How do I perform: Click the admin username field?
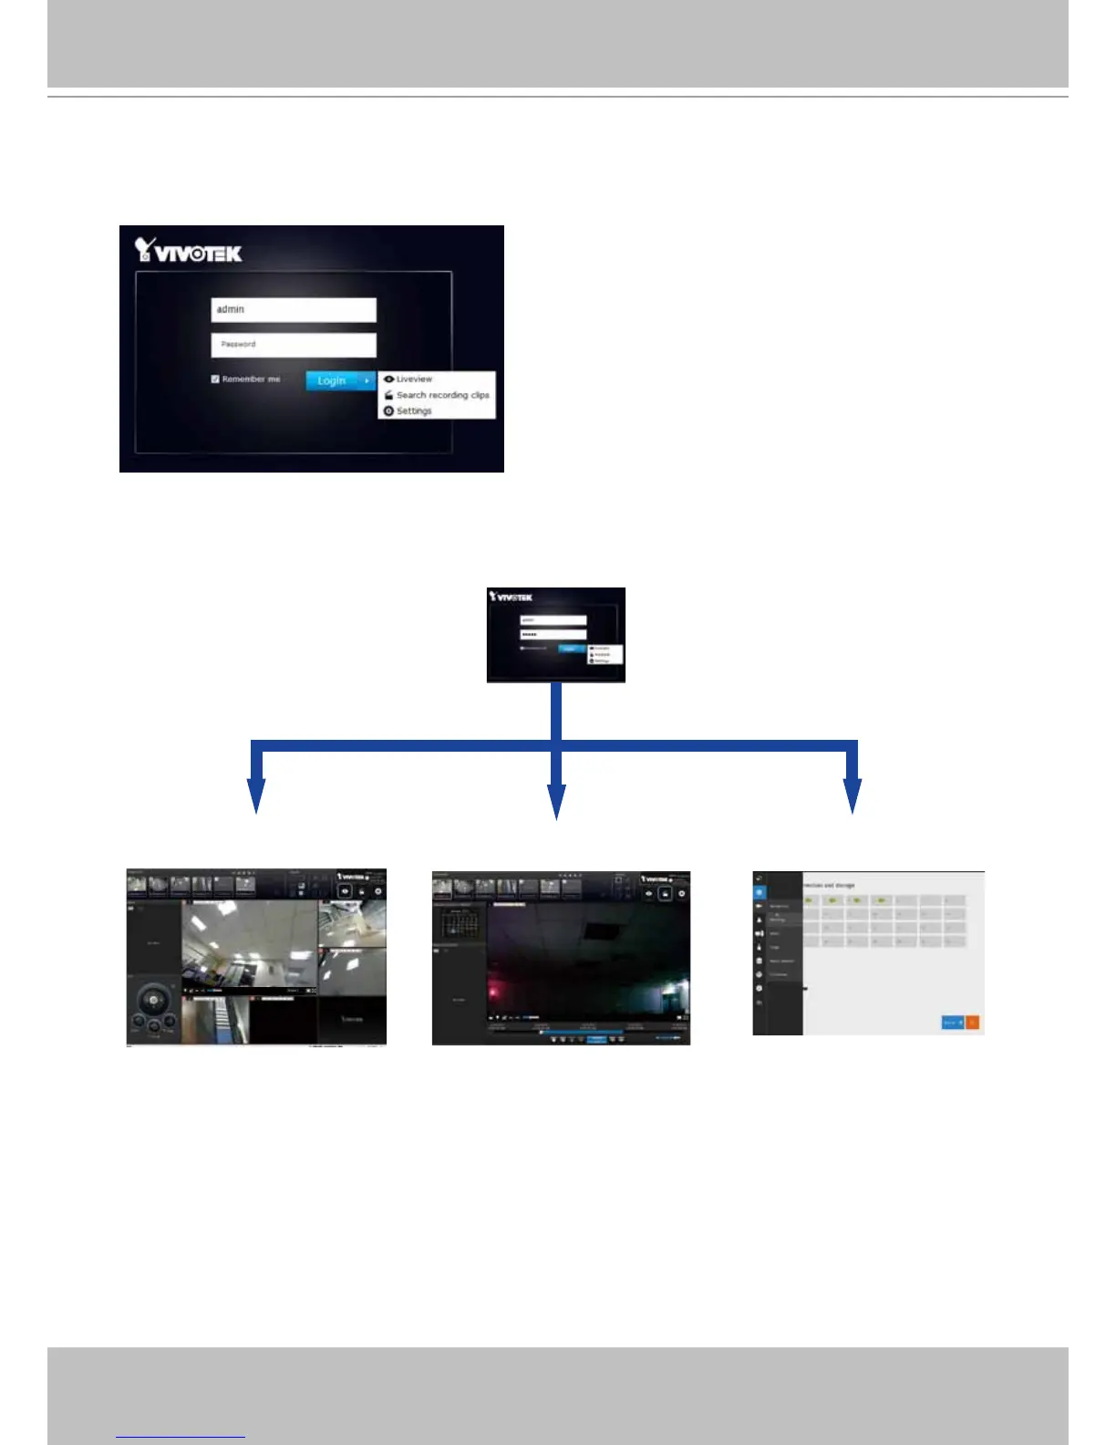tap(293, 309)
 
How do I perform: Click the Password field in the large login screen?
tap(293, 344)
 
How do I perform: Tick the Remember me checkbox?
tap(215, 379)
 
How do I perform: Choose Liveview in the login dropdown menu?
tap(414, 379)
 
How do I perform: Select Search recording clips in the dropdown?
tap(442, 395)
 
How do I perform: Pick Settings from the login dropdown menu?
tap(413, 411)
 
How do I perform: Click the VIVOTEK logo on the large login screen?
tap(189, 251)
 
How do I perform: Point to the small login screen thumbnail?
tap(556, 635)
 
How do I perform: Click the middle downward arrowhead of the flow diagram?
tap(556, 801)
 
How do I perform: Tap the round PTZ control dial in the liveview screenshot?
tap(154, 1002)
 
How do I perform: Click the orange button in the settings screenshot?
tap(972, 1023)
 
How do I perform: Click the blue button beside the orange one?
tap(952, 1023)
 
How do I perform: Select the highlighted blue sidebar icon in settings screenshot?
tap(759, 892)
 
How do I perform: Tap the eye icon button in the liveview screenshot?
tap(345, 891)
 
